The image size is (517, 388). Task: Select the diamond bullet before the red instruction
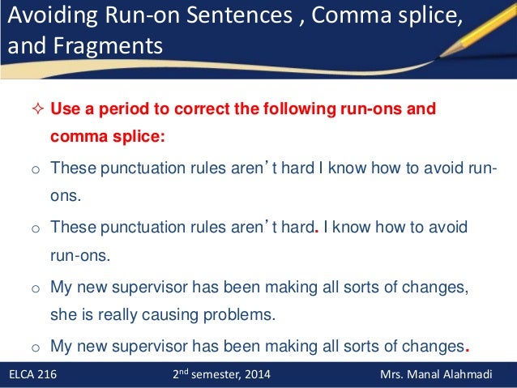[x=35, y=109]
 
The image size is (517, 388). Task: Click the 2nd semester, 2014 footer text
[x=223, y=375]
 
